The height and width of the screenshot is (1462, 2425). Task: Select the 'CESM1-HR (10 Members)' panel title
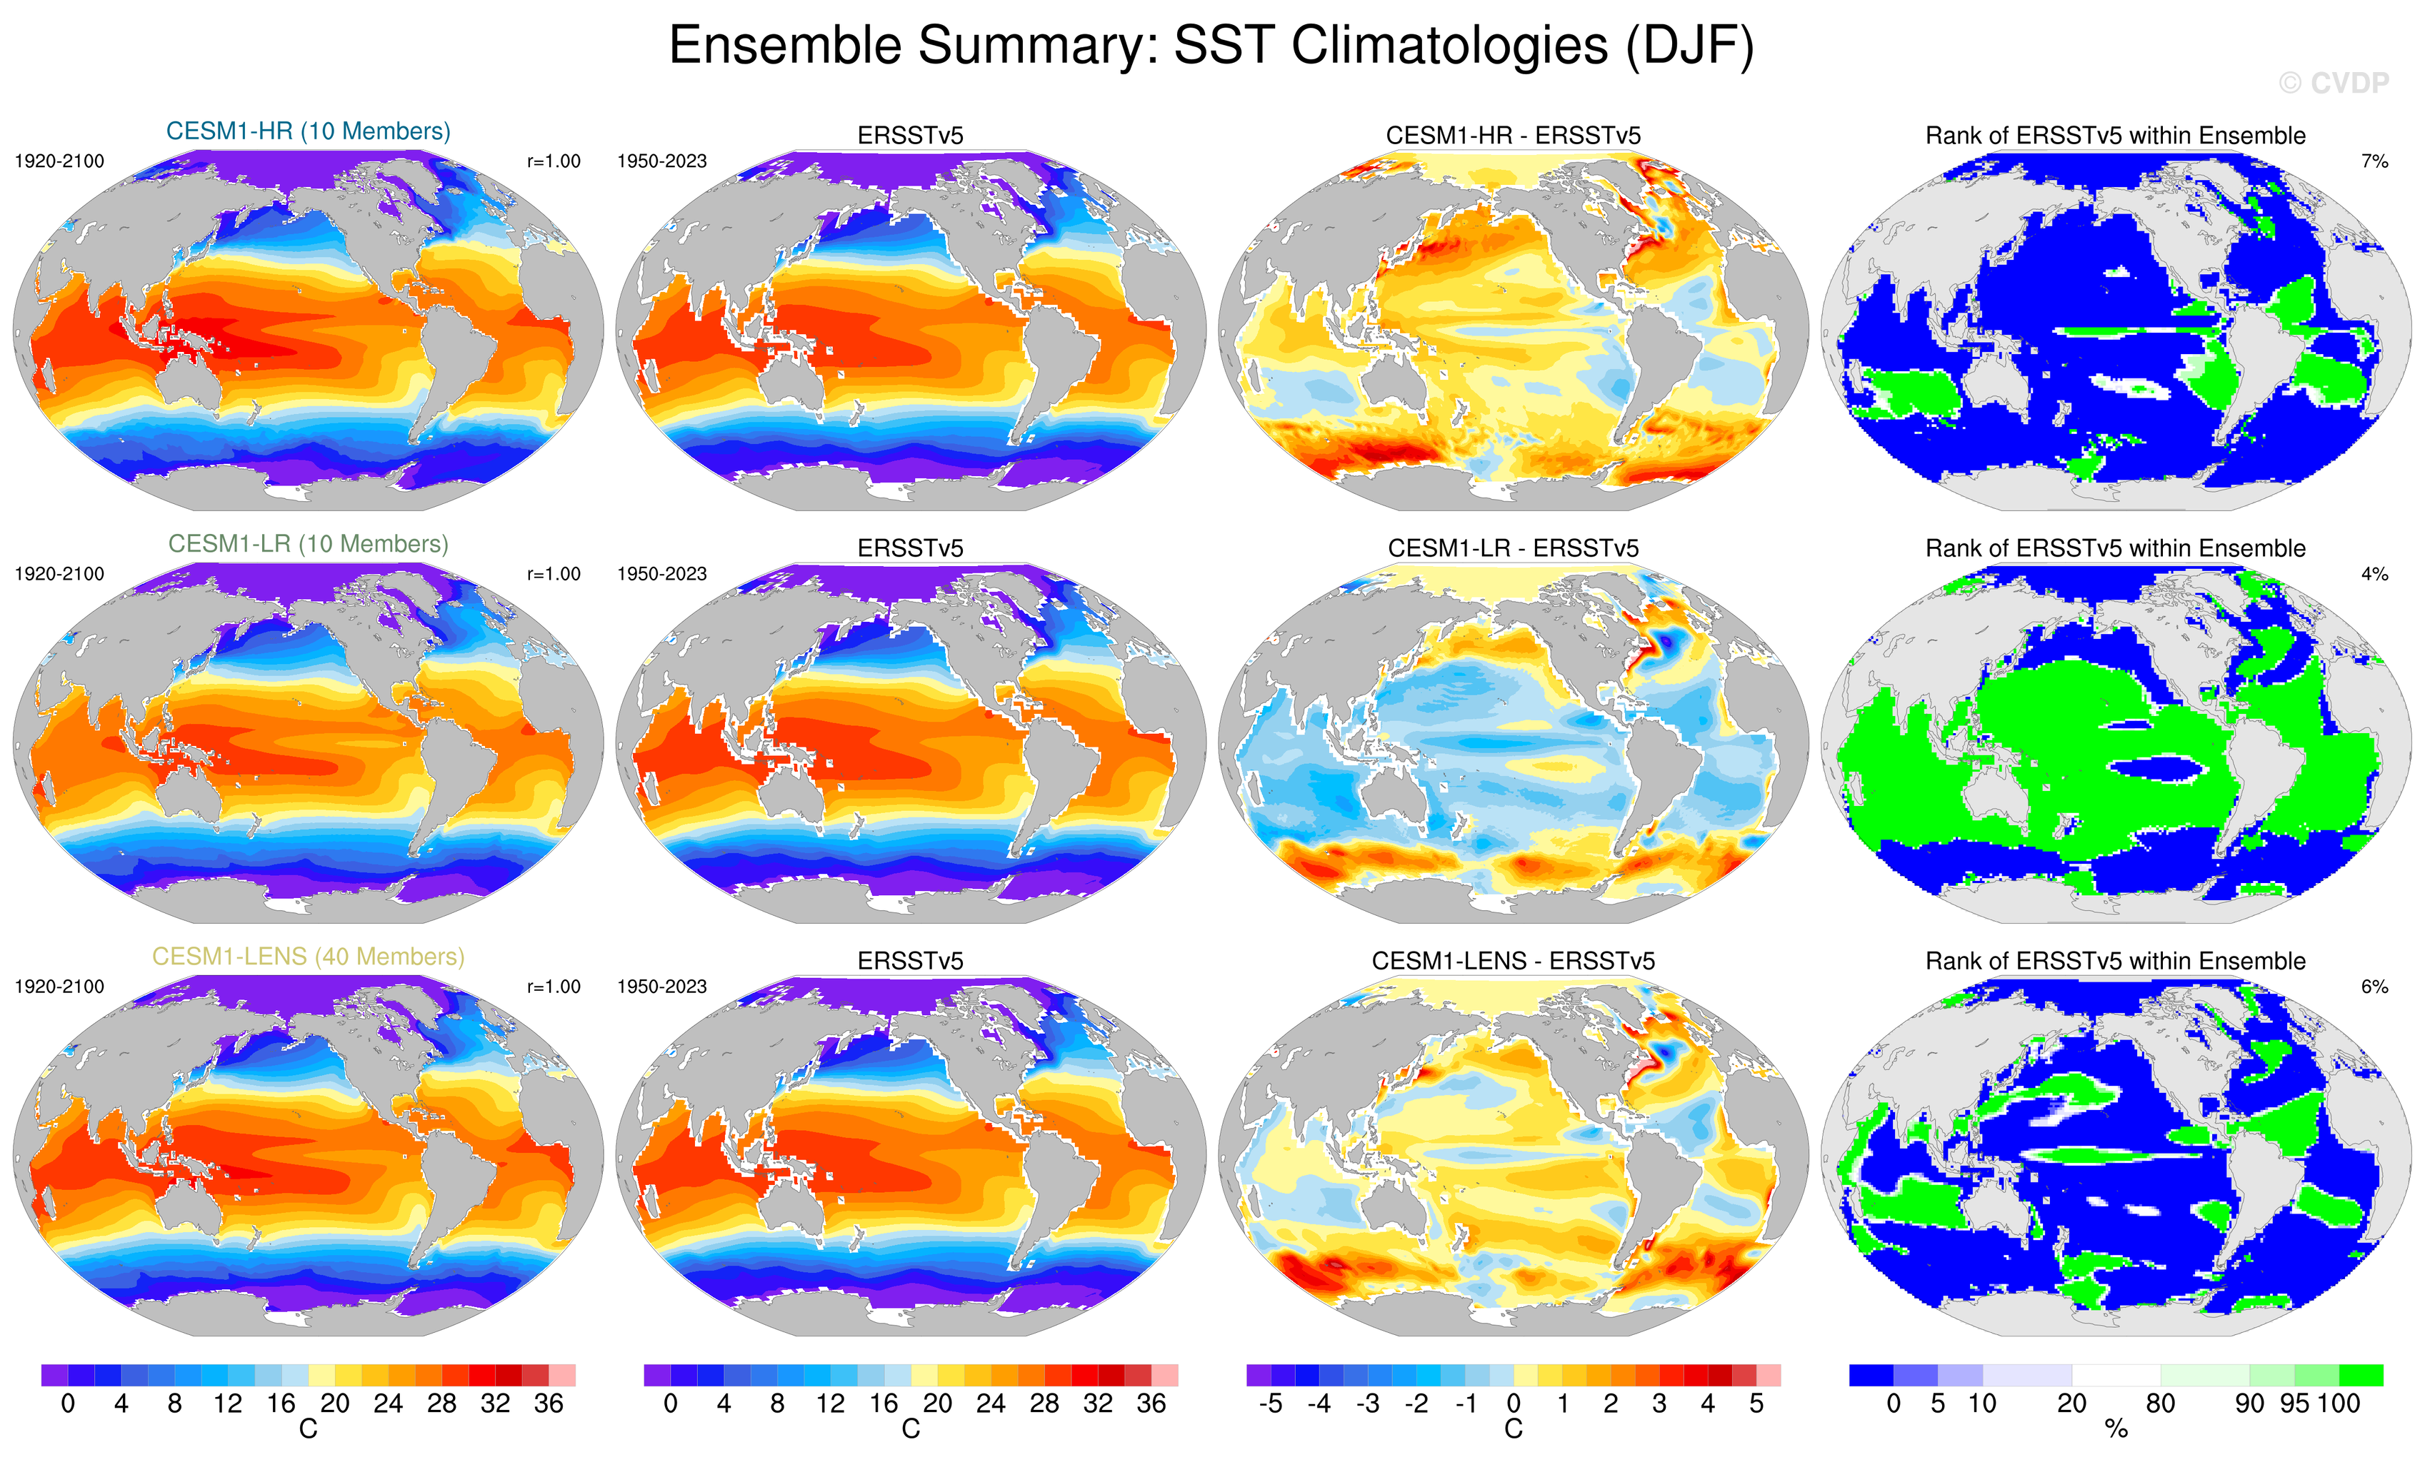(308, 131)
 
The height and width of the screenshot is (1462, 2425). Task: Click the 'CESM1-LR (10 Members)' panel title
(308, 543)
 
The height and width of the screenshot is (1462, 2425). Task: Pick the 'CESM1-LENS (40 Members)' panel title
(308, 957)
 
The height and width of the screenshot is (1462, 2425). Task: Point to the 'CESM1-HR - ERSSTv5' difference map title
(1513, 136)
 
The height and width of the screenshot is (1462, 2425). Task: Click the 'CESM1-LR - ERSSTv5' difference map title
(1513, 548)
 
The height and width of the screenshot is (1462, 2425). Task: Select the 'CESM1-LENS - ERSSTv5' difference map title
(1513, 960)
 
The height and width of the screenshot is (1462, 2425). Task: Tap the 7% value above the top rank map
(2374, 161)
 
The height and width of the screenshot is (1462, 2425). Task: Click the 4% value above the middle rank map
(2374, 573)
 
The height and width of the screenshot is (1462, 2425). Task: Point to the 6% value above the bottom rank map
(2374, 986)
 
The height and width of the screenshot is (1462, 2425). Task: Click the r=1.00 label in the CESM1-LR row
(553, 573)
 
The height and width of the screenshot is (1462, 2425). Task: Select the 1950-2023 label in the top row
(661, 161)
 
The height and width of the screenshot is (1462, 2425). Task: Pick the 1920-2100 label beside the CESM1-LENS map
(59, 986)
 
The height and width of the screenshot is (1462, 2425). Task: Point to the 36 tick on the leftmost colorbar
(548, 1403)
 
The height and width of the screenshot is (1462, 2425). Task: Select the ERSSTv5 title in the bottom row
(911, 960)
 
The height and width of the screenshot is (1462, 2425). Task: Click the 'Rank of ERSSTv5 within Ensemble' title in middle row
(2115, 548)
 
